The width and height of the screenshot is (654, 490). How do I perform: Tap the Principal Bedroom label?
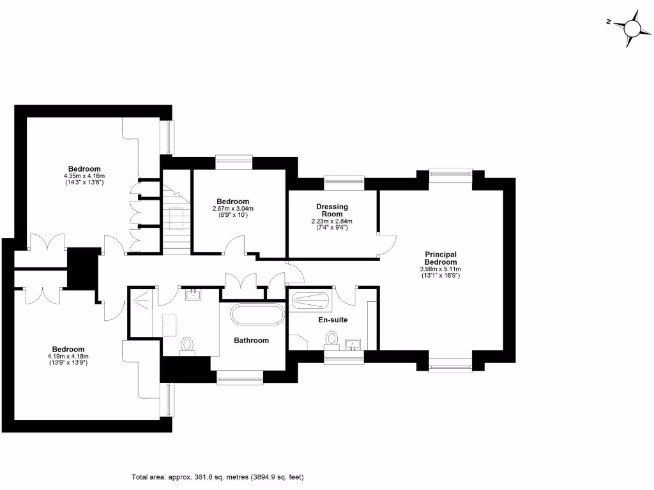point(441,258)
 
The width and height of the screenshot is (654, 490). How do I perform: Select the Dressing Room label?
point(332,211)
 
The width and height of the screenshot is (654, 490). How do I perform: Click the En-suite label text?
point(333,320)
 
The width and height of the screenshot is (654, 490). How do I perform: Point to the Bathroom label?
point(251,341)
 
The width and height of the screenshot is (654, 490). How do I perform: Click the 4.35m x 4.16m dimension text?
point(84,176)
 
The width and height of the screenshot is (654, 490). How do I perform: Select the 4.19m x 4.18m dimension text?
point(68,356)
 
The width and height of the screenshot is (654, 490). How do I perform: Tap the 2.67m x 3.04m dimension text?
point(232,209)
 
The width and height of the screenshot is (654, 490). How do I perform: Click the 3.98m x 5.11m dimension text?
point(441,269)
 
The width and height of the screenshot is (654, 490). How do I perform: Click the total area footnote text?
point(218,477)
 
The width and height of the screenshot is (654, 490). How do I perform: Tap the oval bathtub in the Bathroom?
point(257,315)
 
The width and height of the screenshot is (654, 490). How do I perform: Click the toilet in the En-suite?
point(332,338)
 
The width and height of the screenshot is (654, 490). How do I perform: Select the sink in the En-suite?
point(351,345)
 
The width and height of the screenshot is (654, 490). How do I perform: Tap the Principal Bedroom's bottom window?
point(450,365)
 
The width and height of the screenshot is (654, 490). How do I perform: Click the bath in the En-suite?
point(310,300)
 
